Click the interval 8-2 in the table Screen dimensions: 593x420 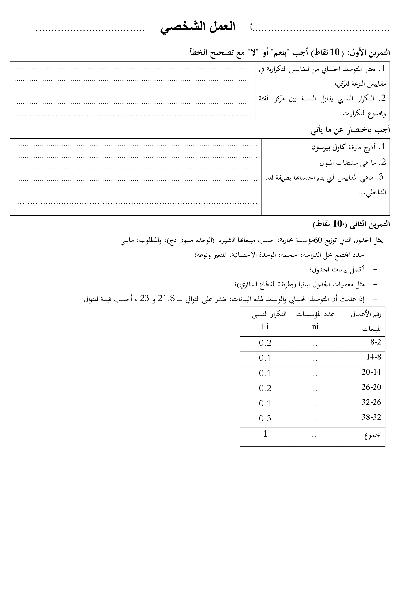click(x=376, y=342)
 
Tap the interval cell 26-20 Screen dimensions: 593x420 click(x=371, y=387)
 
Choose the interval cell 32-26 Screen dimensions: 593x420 click(x=371, y=402)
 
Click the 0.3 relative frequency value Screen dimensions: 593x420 click(x=265, y=418)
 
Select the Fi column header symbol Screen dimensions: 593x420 click(x=265, y=327)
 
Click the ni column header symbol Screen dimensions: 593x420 click(x=315, y=327)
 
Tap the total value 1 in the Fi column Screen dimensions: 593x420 click(x=265, y=434)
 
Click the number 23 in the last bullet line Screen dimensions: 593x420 click(x=144, y=299)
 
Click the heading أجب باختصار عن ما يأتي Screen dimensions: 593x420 click(x=351, y=130)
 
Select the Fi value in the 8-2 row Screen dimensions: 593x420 click(x=265, y=343)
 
